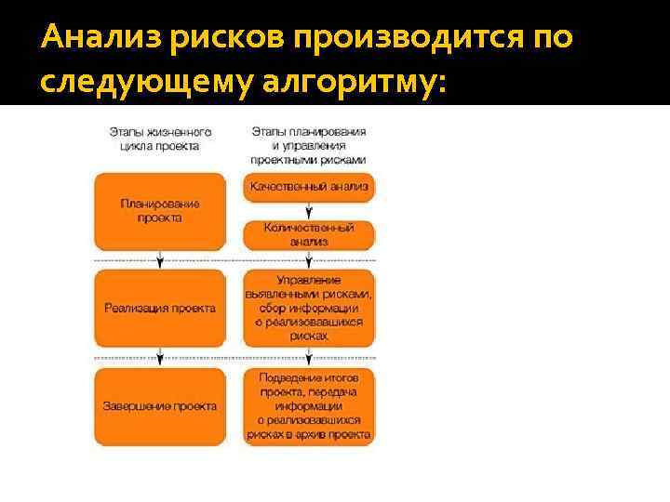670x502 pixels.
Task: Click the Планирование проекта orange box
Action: point(159,211)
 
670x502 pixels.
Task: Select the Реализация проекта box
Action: point(159,308)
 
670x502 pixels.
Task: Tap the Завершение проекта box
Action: point(159,406)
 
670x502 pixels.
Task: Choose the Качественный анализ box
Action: point(309,187)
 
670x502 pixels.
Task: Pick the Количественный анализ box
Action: point(309,234)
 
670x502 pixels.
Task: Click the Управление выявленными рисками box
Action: point(309,308)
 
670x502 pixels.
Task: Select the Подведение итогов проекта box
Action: point(309,406)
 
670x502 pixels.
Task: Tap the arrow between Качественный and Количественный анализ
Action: point(309,211)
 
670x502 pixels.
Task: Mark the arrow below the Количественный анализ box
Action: point(309,260)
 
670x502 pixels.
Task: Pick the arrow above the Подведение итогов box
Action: point(309,358)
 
